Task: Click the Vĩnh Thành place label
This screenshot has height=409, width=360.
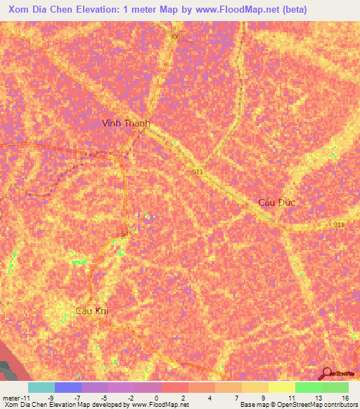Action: [x=126, y=123]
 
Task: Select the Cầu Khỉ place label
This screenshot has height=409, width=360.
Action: [x=94, y=310]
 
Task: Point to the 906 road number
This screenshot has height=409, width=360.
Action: [x=174, y=37]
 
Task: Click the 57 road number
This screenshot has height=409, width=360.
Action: [x=124, y=234]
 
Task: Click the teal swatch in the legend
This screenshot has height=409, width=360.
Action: [x=41, y=387]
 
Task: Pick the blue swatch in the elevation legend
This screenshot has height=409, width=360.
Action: [x=68, y=387]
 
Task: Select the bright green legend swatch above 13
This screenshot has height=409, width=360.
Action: [x=309, y=387]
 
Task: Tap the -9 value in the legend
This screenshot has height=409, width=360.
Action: [x=51, y=398]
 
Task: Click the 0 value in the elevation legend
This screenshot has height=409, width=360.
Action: [x=155, y=398]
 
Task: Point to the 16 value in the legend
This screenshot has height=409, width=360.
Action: [x=345, y=398]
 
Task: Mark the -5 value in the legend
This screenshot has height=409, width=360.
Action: [x=104, y=398]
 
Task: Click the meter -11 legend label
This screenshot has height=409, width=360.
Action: [x=15, y=398]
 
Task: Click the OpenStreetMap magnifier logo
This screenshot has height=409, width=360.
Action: [x=326, y=374]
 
